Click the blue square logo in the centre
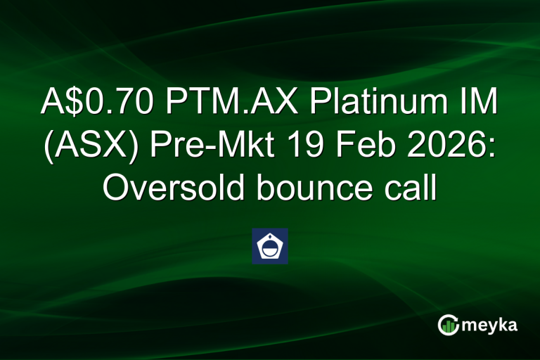[x=270, y=246]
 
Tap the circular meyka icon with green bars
[x=448, y=324]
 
